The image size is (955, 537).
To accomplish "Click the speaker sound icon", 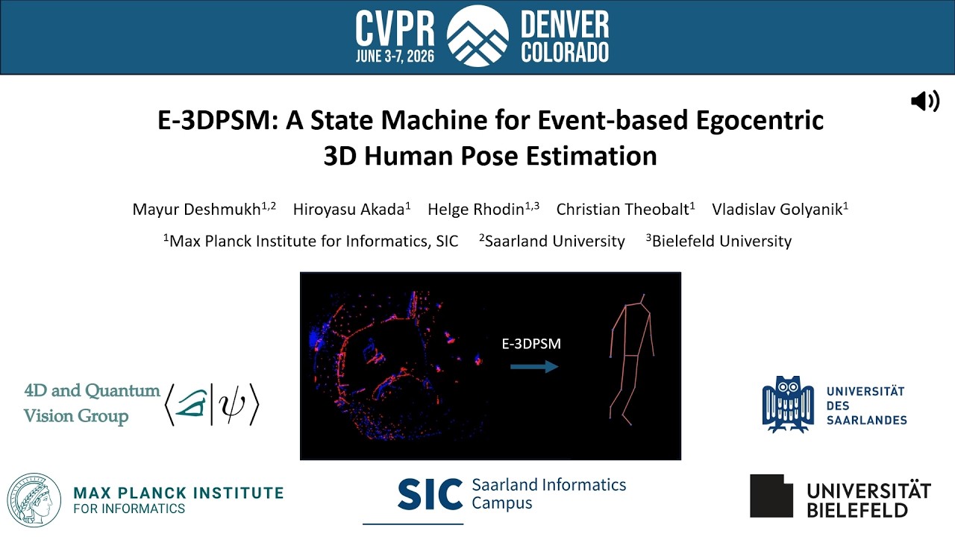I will pyautogui.click(x=925, y=101).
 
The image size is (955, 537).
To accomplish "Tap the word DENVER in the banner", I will pyautogui.click(x=565, y=26).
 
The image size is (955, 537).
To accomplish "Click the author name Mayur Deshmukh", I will pyautogui.click(x=197, y=209).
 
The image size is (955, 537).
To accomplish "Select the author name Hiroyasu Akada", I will pyautogui.click(x=349, y=209).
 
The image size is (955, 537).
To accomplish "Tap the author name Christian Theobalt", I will pyautogui.click(x=623, y=209).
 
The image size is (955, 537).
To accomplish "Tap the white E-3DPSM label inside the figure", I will pyautogui.click(x=530, y=344).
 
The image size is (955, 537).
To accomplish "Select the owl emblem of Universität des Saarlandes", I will pyautogui.click(x=787, y=404).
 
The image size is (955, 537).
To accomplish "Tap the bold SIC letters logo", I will pyautogui.click(x=429, y=494).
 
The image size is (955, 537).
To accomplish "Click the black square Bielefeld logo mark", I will pyautogui.click(x=771, y=495).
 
